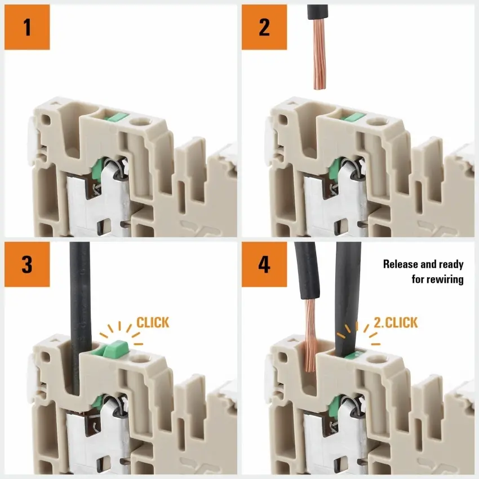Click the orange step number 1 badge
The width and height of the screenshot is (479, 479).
click(x=27, y=27)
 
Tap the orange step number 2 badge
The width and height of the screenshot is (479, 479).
click(x=264, y=27)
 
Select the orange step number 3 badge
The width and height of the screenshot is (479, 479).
click(x=27, y=264)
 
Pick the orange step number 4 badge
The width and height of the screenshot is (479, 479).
click(x=264, y=264)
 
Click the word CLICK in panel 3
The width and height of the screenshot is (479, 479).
click(x=153, y=322)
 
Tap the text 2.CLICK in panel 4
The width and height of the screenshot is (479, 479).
click(x=396, y=322)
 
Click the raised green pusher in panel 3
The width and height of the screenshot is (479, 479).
click(x=116, y=349)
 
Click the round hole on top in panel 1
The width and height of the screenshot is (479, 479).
click(x=140, y=122)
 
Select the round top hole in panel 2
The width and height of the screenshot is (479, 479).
click(x=377, y=122)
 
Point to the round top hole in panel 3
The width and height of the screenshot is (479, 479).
click(x=140, y=360)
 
